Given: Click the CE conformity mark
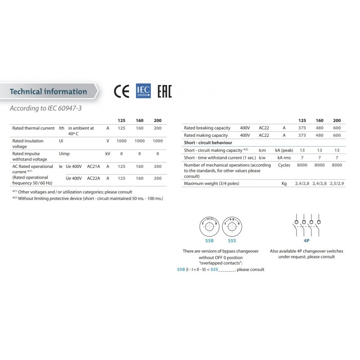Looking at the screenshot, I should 121,91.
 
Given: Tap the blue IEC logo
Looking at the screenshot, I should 143,91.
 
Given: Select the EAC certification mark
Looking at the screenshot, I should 164,91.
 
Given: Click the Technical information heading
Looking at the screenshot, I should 48,91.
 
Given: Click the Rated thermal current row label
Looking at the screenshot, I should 33,128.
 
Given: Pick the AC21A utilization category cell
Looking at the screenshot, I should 94,166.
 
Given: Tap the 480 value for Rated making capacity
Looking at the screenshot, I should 319,135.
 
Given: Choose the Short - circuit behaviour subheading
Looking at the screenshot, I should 208,143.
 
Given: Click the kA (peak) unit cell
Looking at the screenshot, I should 284,150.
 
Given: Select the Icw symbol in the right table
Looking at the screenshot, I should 262,157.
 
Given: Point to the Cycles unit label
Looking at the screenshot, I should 284,165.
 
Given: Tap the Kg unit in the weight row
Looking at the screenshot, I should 284,184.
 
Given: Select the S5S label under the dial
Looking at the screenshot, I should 232,241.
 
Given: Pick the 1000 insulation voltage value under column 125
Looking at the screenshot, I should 121,141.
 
